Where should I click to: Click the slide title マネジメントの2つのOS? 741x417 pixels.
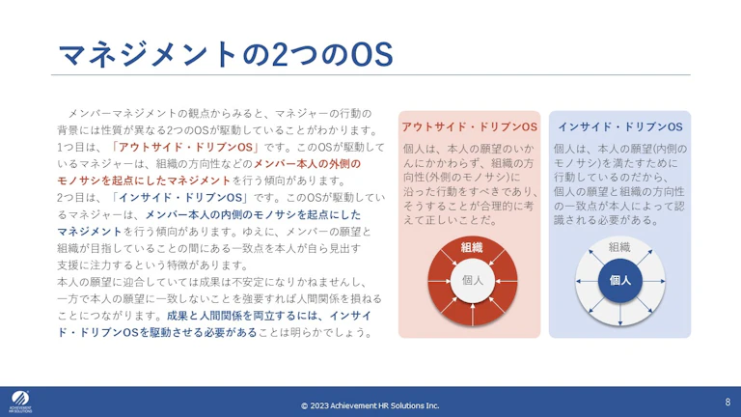pyautogui.click(x=226, y=54)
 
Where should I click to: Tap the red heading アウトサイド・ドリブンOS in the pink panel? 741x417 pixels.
pyautogui.click(x=469, y=127)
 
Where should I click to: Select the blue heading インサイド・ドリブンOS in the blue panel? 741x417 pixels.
pyautogui.click(x=620, y=127)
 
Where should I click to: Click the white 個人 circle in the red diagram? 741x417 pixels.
pyautogui.click(x=473, y=280)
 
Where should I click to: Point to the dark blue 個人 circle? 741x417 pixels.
pyautogui.click(x=620, y=280)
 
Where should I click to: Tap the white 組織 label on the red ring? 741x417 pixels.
pyautogui.click(x=472, y=247)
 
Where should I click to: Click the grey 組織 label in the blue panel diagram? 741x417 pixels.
pyautogui.click(x=619, y=247)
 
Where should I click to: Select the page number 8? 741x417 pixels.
pyautogui.click(x=727, y=402)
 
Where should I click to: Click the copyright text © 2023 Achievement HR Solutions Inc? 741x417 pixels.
pyautogui.click(x=370, y=405)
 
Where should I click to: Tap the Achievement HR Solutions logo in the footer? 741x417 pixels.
pyautogui.click(x=20, y=402)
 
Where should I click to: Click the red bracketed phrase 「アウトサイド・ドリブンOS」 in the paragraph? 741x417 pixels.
pyautogui.click(x=185, y=147)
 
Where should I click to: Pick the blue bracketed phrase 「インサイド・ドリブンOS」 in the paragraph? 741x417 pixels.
pyautogui.click(x=179, y=198)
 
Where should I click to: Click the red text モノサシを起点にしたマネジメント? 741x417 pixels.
pyautogui.click(x=144, y=181)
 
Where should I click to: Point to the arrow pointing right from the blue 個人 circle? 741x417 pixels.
pyautogui.click(x=654, y=281)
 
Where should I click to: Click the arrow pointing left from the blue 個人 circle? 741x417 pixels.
pyautogui.click(x=587, y=281)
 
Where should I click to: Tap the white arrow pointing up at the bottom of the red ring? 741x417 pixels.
pyautogui.click(x=473, y=315)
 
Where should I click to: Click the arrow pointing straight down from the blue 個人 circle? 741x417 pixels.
pyautogui.click(x=620, y=315)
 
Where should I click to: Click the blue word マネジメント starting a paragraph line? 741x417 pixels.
pyautogui.click(x=90, y=232)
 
